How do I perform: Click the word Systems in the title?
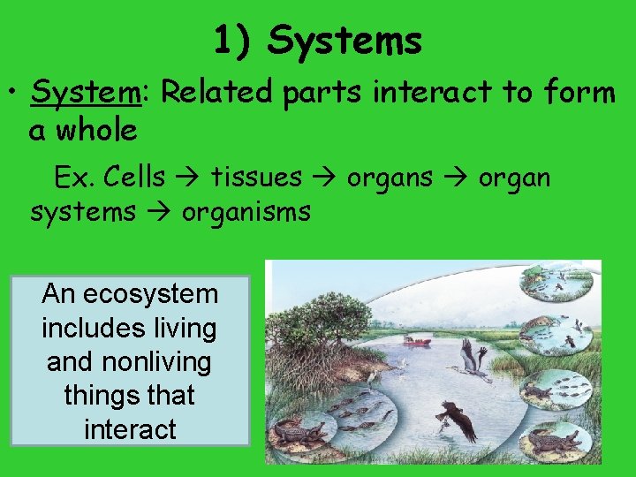344,40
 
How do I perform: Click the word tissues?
256,178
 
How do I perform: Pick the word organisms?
246,212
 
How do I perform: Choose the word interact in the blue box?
130,429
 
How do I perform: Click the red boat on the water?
417,340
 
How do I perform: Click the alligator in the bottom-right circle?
556,440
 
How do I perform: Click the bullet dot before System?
12,92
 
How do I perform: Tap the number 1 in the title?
223,40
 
